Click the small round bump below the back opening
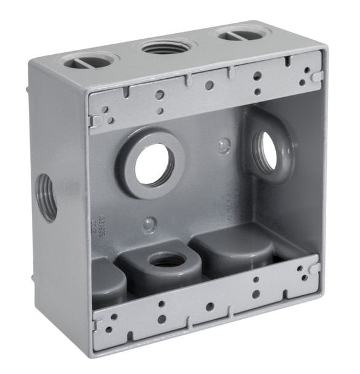(x=149, y=225)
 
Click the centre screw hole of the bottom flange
(x=209, y=306)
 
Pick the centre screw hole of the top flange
(x=208, y=86)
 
